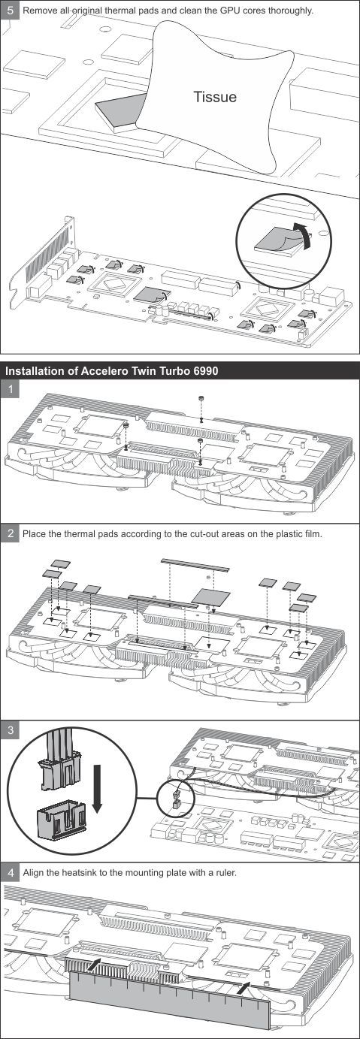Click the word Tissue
coord(214,97)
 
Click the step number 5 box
coord(10,11)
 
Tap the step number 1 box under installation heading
coord(11,389)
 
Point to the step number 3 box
coord(11,729)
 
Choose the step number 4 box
coord(11,873)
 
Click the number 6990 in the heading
coord(201,371)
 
